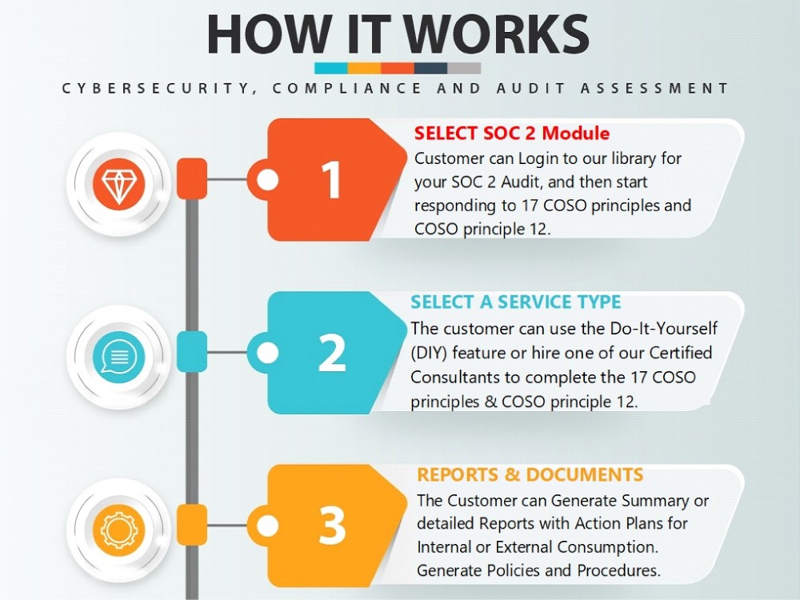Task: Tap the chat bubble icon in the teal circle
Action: pos(119,356)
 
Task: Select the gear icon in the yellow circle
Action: pos(119,530)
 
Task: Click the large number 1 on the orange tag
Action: pos(332,179)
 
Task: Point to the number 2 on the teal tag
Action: pos(332,353)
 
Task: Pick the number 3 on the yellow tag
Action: pos(332,526)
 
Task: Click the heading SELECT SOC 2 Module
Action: pos(512,133)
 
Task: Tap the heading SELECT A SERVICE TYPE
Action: pos(516,302)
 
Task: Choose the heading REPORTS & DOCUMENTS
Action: pos(530,474)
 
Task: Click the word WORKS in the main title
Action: pos(497,34)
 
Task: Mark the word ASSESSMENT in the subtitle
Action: pos(654,88)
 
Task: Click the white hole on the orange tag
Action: pos(267,179)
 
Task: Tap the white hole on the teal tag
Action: pos(267,353)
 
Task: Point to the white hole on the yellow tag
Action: pos(267,526)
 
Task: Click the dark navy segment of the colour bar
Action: pos(430,68)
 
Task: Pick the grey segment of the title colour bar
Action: pos(464,68)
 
